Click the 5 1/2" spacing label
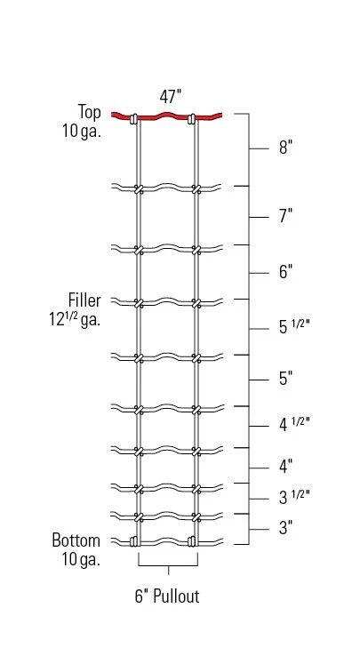tap(293, 328)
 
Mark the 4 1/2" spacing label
tap(293, 424)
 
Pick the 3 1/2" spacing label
tap(293, 496)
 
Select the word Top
tap(90, 111)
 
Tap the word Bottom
tap(76, 540)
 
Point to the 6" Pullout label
tap(167, 596)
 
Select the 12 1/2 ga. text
tap(76, 319)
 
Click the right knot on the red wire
tap(192, 118)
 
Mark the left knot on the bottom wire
tap(135, 541)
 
